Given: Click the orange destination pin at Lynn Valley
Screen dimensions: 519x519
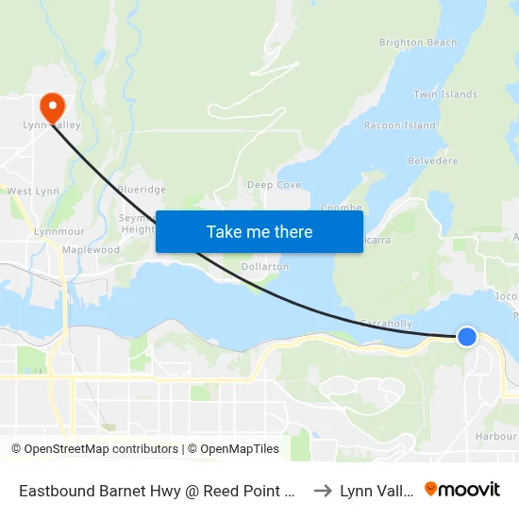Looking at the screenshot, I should click(52, 105).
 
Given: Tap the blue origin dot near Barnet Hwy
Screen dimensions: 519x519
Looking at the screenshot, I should click(467, 336).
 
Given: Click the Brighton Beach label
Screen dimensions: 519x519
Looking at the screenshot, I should click(417, 42).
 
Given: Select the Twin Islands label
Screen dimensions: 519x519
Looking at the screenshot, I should click(445, 94).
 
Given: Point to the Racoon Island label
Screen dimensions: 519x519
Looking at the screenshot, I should click(400, 126).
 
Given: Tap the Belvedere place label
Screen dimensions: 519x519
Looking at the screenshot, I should click(432, 161).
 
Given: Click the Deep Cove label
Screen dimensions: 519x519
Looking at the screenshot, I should click(274, 185).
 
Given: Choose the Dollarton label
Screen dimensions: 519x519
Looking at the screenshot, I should click(265, 267).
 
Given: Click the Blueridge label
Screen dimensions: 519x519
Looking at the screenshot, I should click(142, 189).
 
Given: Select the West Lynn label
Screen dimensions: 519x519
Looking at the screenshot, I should click(32, 191).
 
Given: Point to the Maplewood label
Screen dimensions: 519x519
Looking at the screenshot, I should click(91, 250).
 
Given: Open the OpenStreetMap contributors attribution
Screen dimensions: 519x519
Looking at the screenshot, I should click(101, 449).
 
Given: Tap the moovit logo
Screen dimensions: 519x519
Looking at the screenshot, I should click(462, 490).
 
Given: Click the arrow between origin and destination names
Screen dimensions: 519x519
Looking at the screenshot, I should click(323, 491).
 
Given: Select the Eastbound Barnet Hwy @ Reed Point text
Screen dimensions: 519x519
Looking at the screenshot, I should click(159, 491).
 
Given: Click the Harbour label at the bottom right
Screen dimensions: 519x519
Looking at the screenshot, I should click(496, 436).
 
